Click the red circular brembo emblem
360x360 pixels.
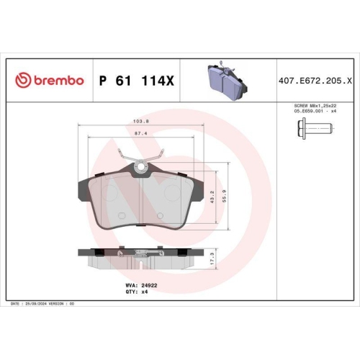point(23,81)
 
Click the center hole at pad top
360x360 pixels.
point(140,170)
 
